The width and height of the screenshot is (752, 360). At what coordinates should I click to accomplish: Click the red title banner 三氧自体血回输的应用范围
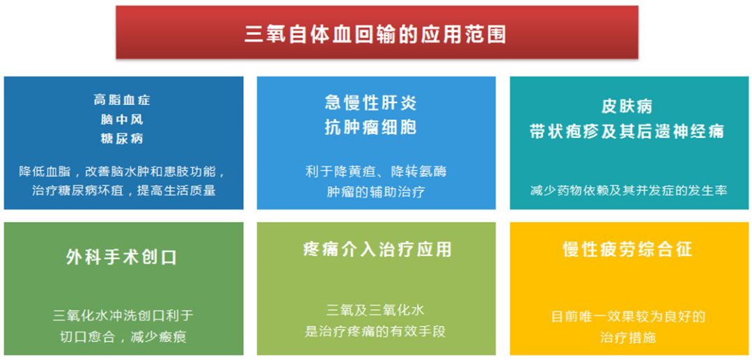[376, 33]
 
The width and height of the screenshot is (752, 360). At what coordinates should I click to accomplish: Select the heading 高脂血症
[123, 100]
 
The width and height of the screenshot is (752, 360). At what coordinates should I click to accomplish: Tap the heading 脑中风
[123, 119]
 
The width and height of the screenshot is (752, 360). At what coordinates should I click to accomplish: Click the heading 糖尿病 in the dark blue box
[123, 138]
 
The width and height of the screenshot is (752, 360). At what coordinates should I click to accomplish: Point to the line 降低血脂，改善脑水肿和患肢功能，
[123, 171]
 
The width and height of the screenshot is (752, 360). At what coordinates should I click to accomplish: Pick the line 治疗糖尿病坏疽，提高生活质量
[123, 190]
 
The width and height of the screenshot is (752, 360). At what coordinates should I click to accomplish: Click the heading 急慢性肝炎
[370, 103]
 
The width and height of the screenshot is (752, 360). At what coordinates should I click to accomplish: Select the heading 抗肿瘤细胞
[370, 127]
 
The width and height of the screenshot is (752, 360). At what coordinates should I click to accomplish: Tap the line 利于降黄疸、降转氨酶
[376, 171]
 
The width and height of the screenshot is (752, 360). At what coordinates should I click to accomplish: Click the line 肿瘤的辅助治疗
[376, 191]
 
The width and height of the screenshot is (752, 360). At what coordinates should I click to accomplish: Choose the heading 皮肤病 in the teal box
[627, 107]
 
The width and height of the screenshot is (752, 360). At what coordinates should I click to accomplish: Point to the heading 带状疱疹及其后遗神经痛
[627, 132]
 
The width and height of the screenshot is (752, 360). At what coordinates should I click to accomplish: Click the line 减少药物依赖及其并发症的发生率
[628, 190]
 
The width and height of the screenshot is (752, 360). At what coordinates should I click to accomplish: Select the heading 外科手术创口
[122, 258]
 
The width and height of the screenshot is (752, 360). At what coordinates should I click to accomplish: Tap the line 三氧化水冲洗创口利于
[123, 316]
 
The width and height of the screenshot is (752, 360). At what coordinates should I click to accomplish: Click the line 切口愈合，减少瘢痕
[123, 337]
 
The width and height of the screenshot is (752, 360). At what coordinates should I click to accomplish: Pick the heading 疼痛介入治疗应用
[377, 249]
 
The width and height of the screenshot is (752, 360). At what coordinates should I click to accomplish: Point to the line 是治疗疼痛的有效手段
[375, 331]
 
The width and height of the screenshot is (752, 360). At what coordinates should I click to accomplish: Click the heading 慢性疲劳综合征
[628, 249]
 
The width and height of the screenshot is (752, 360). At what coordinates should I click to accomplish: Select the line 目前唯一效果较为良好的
[628, 317]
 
